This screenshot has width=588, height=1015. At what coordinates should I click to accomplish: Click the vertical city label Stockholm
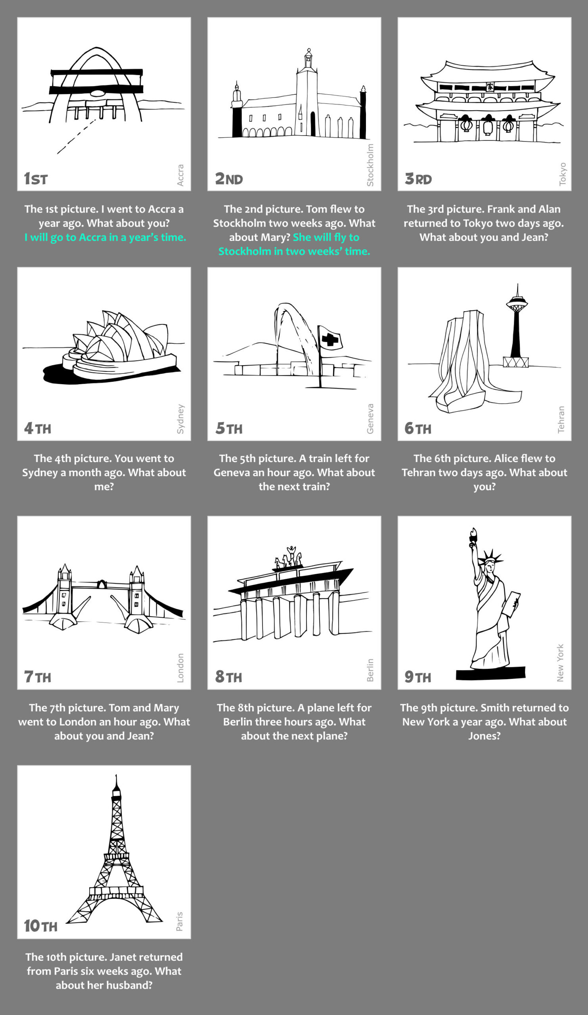370,165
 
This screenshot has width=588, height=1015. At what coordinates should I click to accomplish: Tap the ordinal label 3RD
418,178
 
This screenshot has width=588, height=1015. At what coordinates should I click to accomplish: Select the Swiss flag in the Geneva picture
330,338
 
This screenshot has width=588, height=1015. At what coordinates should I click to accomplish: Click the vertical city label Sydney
180,419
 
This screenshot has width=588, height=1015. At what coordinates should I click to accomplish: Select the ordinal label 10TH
40,926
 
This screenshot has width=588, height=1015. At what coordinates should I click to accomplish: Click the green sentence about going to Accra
105,237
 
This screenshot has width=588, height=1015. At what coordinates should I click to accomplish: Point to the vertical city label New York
560,663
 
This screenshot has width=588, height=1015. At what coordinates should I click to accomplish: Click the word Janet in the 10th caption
123,957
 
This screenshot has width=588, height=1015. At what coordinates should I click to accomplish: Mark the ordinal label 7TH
37,677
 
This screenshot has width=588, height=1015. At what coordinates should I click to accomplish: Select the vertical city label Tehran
561,420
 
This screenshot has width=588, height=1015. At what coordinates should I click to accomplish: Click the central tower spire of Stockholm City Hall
308,59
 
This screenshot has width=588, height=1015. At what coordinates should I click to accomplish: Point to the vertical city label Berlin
370,670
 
